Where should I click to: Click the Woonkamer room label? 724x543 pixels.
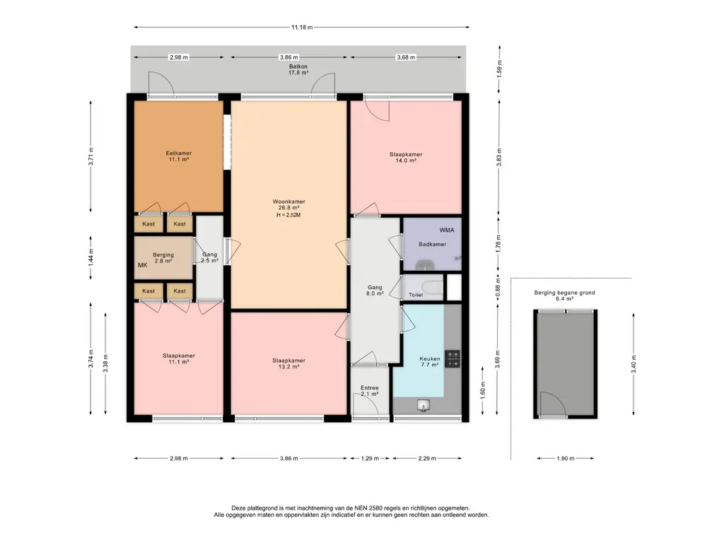tap(288, 202)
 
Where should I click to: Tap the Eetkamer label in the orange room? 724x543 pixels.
tap(179, 153)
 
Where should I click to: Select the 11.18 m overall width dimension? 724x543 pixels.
tap(301, 28)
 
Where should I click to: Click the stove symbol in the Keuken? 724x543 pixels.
tap(452, 358)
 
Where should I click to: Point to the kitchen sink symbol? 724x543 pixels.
tap(424, 405)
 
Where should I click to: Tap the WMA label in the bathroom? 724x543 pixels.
tap(447, 230)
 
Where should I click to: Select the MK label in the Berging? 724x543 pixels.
tap(143, 265)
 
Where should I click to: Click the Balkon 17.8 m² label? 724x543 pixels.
tap(298, 69)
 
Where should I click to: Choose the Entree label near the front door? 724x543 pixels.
tap(370, 388)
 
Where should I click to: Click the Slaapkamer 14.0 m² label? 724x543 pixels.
tap(406, 158)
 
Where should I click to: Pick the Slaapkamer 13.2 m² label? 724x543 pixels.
tap(288, 363)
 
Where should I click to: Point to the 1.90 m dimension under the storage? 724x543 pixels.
tap(566, 458)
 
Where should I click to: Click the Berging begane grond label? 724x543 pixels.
tap(564, 293)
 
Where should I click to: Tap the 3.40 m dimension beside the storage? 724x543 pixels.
tap(633, 364)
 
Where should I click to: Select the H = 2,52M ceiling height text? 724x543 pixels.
tap(288, 215)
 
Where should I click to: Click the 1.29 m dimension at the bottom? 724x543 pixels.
tap(370, 458)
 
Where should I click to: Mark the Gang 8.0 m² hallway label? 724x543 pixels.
tap(375, 291)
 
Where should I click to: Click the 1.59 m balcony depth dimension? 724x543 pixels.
tap(499, 69)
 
